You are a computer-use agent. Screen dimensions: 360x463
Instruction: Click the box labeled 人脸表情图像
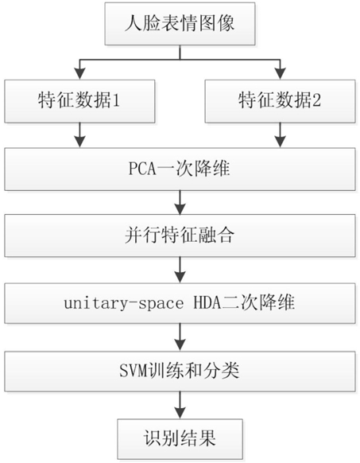(180, 24)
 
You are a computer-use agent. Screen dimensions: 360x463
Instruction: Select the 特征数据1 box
(79, 101)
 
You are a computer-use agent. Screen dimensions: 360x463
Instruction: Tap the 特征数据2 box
(280, 101)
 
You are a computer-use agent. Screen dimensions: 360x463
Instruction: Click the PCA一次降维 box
(180, 169)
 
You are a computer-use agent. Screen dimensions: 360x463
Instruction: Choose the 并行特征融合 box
(180, 235)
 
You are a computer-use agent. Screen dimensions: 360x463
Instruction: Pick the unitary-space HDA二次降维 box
(180, 303)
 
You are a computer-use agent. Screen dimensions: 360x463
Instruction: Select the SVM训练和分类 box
(180, 372)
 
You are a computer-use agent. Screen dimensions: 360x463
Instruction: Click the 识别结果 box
(180, 439)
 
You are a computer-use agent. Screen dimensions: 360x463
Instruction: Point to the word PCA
(142, 169)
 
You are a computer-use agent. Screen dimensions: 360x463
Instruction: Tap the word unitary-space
(124, 304)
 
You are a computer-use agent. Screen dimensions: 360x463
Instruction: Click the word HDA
(207, 303)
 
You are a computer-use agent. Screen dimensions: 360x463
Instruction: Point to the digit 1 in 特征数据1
(116, 101)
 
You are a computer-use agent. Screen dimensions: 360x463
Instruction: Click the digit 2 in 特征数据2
(316, 101)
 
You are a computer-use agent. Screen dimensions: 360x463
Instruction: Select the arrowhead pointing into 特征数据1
(79, 73)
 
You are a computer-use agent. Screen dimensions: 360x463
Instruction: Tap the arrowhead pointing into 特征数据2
(280, 73)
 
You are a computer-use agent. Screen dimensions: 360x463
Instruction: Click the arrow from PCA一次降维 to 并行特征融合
(180, 203)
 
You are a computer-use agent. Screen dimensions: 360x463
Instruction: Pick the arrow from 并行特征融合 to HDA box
(180, 270)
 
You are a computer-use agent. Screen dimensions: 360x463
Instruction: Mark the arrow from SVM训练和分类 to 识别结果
(180, 405)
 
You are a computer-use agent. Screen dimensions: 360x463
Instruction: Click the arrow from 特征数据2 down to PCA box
(280, 135)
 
